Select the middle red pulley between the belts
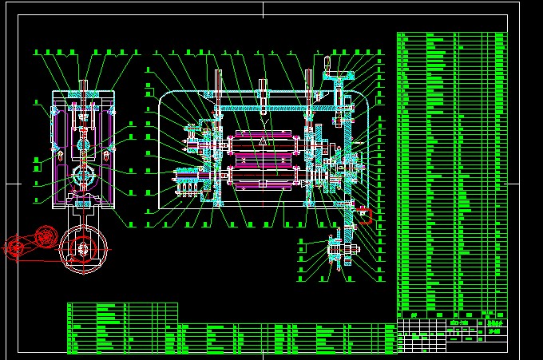(x=46, y=235)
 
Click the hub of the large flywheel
(x=84, y=250)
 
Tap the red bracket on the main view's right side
(x=365, y=213)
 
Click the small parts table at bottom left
(x=121, y=327)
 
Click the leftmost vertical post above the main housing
(x=218, y=85)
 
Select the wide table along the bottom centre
(x=287, y=338)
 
